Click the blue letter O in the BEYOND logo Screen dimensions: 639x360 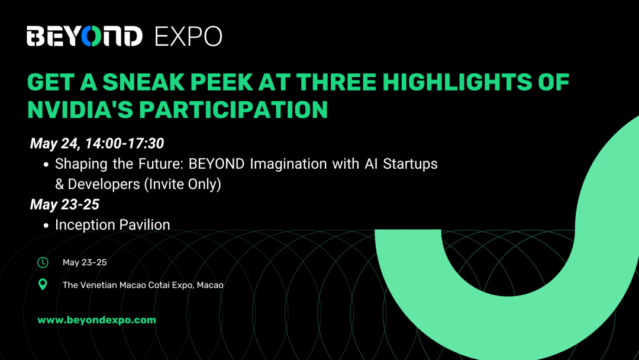tap(91, 36)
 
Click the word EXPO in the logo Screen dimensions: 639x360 tap(188, 36)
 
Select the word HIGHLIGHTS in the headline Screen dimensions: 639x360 tap(457, 82)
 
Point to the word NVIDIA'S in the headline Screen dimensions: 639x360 tap(80, 110)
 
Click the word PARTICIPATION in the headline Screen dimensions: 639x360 tap(234, 110)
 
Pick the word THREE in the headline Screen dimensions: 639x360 tap(336, 82)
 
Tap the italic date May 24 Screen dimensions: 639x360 tap(56, 143)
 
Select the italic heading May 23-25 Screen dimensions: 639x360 tap(65, 204)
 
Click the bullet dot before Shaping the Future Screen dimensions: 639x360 tap(46, 165)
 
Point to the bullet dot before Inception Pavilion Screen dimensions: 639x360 tap(46, 226)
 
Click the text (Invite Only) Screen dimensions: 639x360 tap(183, 184)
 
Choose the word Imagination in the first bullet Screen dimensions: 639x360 tap(288, 164)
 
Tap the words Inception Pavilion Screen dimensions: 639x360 tap(112, 225)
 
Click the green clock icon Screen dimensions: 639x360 tap(43, 262)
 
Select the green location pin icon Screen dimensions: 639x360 tap(43, 284)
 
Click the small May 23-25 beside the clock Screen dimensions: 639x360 tap(85, 262)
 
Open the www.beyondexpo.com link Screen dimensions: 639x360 tap(96, 320)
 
